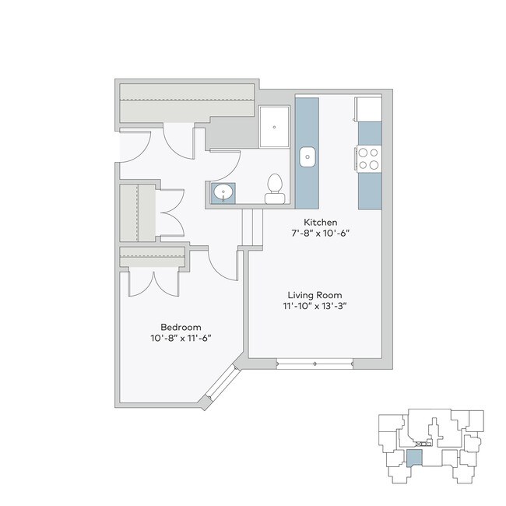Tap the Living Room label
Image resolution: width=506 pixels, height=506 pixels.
(315, 295)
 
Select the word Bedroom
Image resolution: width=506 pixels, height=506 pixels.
(181, 326)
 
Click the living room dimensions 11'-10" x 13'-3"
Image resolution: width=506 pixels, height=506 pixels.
(315, 306)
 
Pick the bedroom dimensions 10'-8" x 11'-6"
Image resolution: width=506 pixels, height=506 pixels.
(181, 337)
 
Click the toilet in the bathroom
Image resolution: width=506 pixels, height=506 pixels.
(274, 187)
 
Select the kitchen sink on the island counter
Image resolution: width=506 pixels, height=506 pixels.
(308, 156)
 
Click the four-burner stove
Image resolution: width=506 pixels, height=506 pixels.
(370, 159)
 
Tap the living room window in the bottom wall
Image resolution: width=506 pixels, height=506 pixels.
(314, 361)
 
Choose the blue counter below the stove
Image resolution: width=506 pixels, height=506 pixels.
(370, 191)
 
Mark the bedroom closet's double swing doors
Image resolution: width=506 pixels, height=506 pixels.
(153, 280)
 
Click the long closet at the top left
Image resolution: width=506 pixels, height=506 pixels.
(187, 100)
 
